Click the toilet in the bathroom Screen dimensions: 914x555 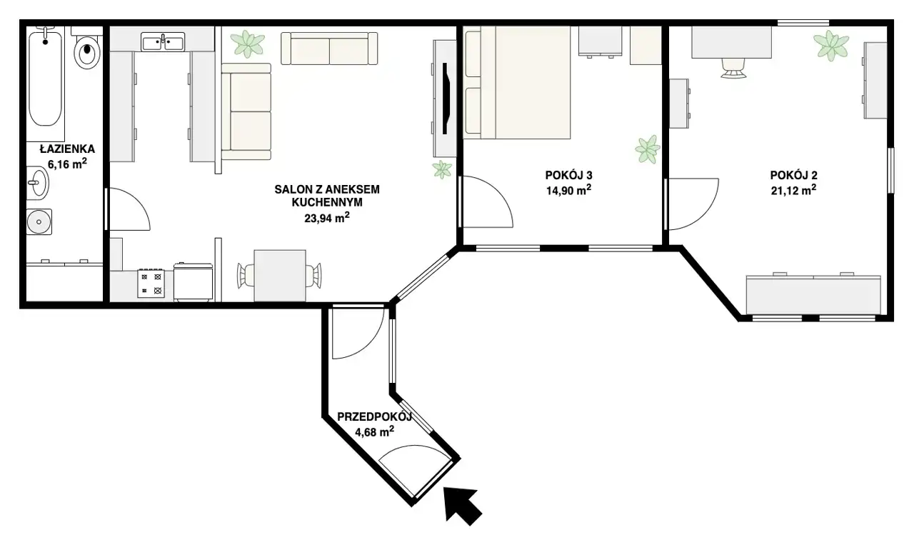tap(87, 49)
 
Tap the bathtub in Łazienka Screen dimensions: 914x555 tap(45, 78)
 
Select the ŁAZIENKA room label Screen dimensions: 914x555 tap(67, 149)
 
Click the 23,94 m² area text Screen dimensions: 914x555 tap(327, 218)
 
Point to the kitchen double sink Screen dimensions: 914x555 tap(163, 42)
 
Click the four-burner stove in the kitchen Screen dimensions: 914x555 tap(151, 283)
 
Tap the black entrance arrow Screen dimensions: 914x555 tap(462, 505)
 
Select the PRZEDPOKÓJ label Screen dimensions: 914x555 tap(374, 417)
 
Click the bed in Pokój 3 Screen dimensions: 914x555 tap(518, 82)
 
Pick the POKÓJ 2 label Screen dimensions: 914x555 tap(793, 176)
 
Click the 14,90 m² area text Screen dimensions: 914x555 tap(569, 191)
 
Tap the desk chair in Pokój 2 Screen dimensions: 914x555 tap(733, 68)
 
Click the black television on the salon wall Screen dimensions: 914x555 tap(447, 99)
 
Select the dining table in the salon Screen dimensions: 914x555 tap(280, 276)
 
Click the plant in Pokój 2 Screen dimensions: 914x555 tap(831, 46)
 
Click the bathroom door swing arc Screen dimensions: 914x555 tap(138, 203)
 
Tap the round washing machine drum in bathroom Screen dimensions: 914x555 tap(39, 222)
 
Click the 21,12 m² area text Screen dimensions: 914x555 tap(793, 191)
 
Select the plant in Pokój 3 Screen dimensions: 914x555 tap(648, 149)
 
